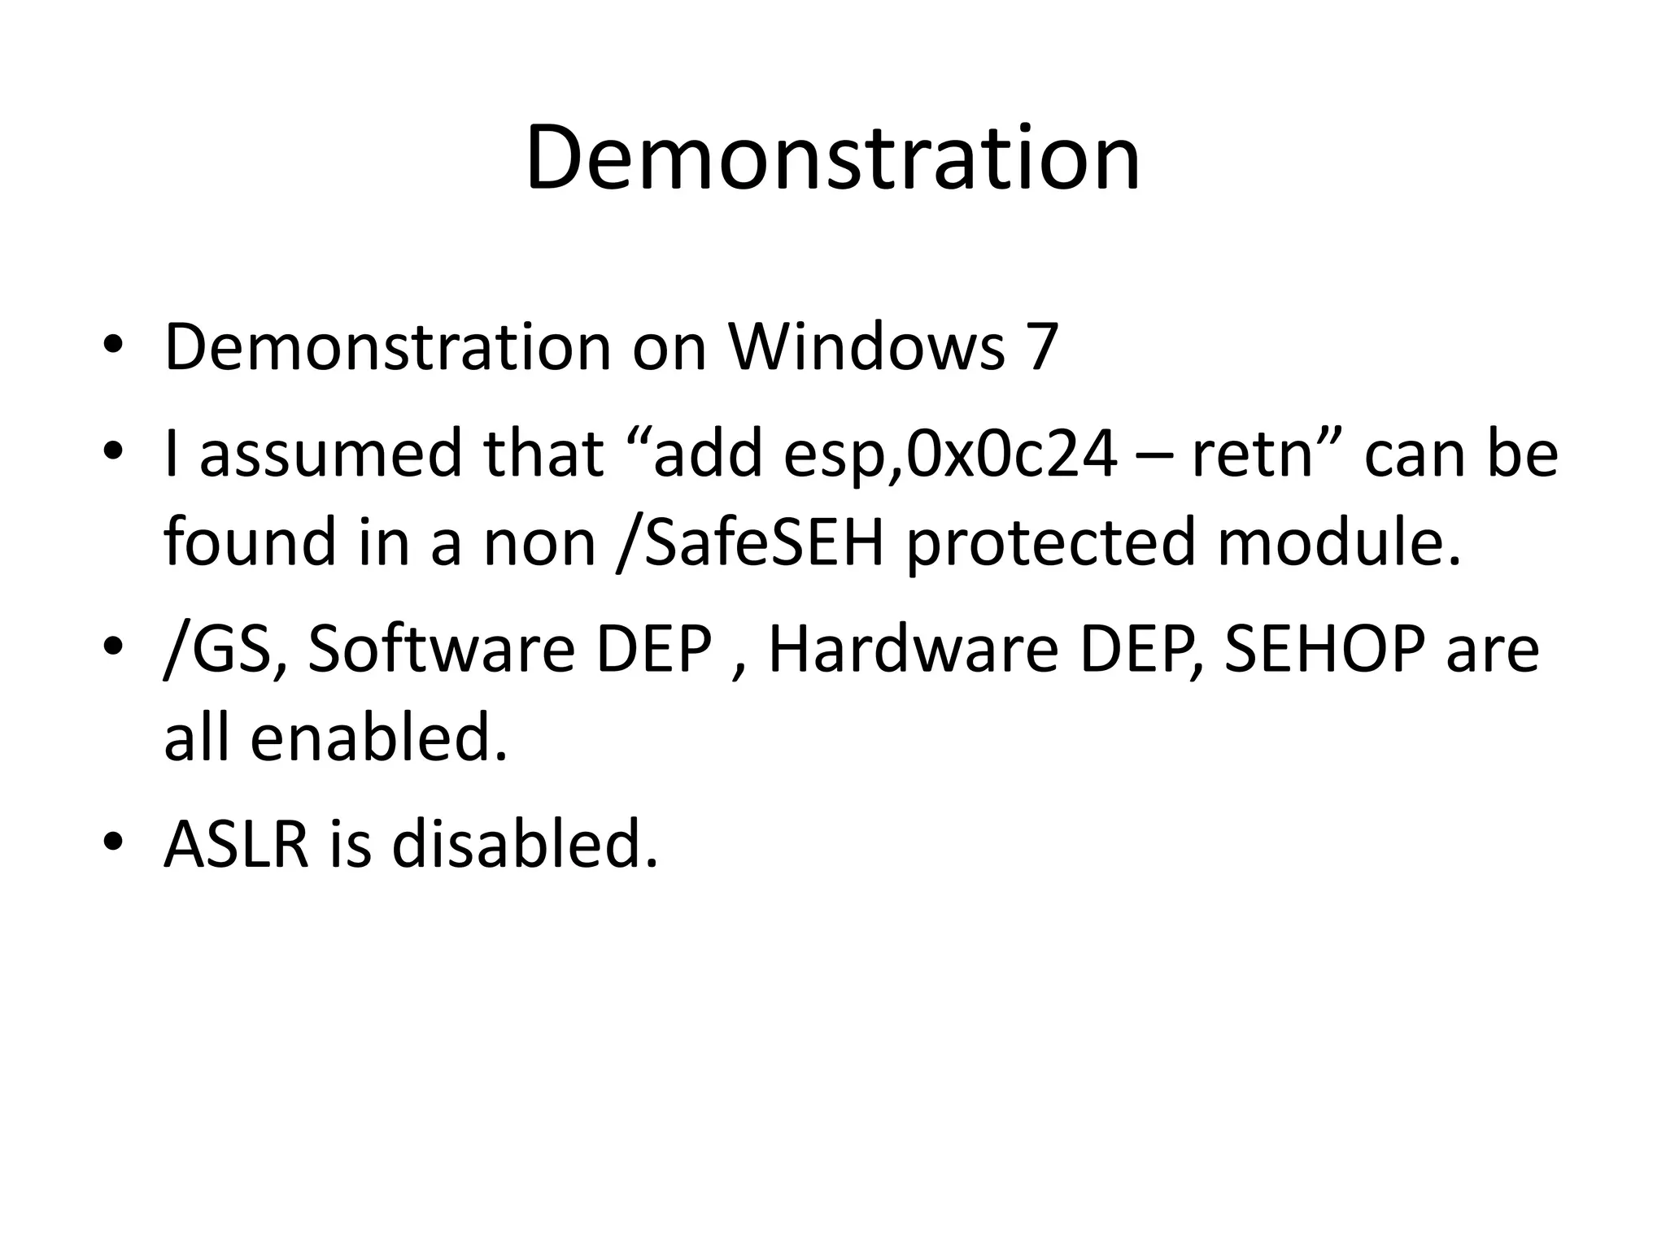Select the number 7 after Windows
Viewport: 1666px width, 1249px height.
pyautogui.click(x=1042, y=347)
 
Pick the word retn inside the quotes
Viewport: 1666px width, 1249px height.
pyautogui.click(x=1253, y=453)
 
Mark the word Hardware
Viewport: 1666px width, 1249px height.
pyautogui.click(x=913, y=650)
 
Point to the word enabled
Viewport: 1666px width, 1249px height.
pyautogui.click(x=378, y=738)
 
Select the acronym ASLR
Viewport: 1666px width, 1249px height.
pyautogui.click(x=237, y=844)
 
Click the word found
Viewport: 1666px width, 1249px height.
pyautogui.click(x=250, y=542)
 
